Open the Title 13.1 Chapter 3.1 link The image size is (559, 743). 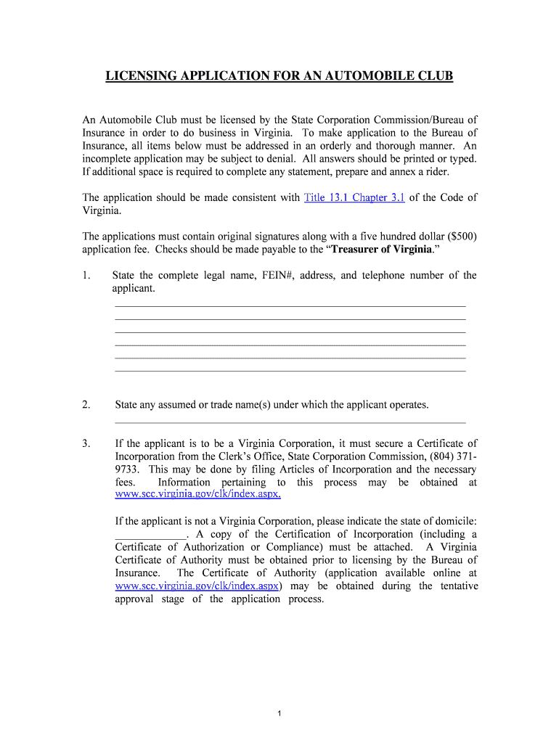tap(354, 197)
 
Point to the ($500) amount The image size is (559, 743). tap(458, 237)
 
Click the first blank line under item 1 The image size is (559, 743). tap(290, 305)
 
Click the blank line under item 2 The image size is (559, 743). tap(290, 421)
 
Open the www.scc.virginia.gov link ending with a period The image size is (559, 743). tap(197, 495)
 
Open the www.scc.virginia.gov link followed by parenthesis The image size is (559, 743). tap(197, 586)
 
